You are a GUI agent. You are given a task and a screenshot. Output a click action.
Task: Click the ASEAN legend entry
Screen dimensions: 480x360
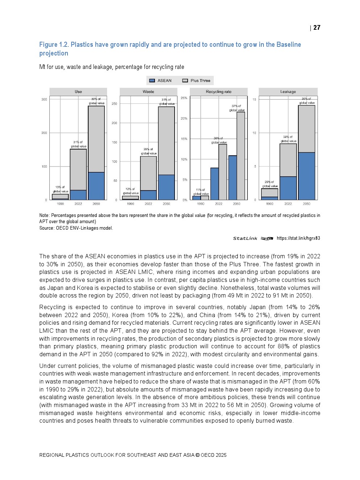tap(160, 81)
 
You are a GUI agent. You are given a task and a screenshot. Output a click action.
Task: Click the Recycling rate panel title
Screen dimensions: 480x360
tap(218, 92)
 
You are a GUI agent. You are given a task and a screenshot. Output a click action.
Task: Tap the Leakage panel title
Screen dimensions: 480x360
tap(288, 92)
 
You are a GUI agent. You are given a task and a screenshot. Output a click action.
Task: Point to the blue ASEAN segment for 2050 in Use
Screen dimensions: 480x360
tap(96, 186)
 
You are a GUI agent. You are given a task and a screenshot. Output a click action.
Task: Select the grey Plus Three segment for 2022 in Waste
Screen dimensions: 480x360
tap(148, 173)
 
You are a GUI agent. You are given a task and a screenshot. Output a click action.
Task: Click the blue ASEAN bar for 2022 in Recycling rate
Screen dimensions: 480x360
tap(214, 184)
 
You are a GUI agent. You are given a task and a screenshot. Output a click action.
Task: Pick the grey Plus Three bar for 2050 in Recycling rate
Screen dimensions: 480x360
tap(241, 156)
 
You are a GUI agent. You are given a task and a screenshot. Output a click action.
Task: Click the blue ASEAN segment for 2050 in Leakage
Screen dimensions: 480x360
tap(307, 176)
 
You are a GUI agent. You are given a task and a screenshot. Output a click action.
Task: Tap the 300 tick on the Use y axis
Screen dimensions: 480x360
tap(44, 99)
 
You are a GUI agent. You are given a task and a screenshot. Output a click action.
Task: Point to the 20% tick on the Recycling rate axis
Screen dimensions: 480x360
tap(184, 119)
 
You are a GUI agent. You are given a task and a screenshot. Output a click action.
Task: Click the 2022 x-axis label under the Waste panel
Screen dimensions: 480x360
tap(148, 204)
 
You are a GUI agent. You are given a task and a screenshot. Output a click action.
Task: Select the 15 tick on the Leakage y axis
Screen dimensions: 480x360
tap(254, 99)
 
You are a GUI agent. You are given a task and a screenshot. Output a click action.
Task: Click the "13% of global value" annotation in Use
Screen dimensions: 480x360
tap(60, 189)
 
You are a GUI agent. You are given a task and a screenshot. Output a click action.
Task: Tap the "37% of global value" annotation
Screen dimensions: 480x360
tap(237, 108)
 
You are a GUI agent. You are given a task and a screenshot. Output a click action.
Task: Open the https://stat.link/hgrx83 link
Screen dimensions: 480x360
tap(298, 238)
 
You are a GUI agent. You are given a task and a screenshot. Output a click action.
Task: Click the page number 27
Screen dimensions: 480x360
tap(317, 28)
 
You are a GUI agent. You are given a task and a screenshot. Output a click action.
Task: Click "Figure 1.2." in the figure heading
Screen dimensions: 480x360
tap(54, 45)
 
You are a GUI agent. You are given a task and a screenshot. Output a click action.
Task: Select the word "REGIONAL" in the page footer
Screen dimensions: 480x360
tap(52, 455)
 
